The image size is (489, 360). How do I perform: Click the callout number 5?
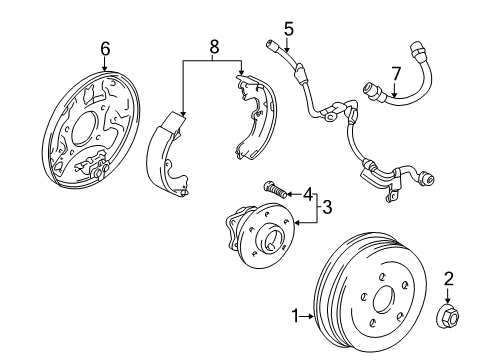tap(287, 28)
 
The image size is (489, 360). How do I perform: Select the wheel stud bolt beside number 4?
tap(277, 187)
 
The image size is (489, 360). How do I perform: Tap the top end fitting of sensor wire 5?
tap(273, 45)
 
